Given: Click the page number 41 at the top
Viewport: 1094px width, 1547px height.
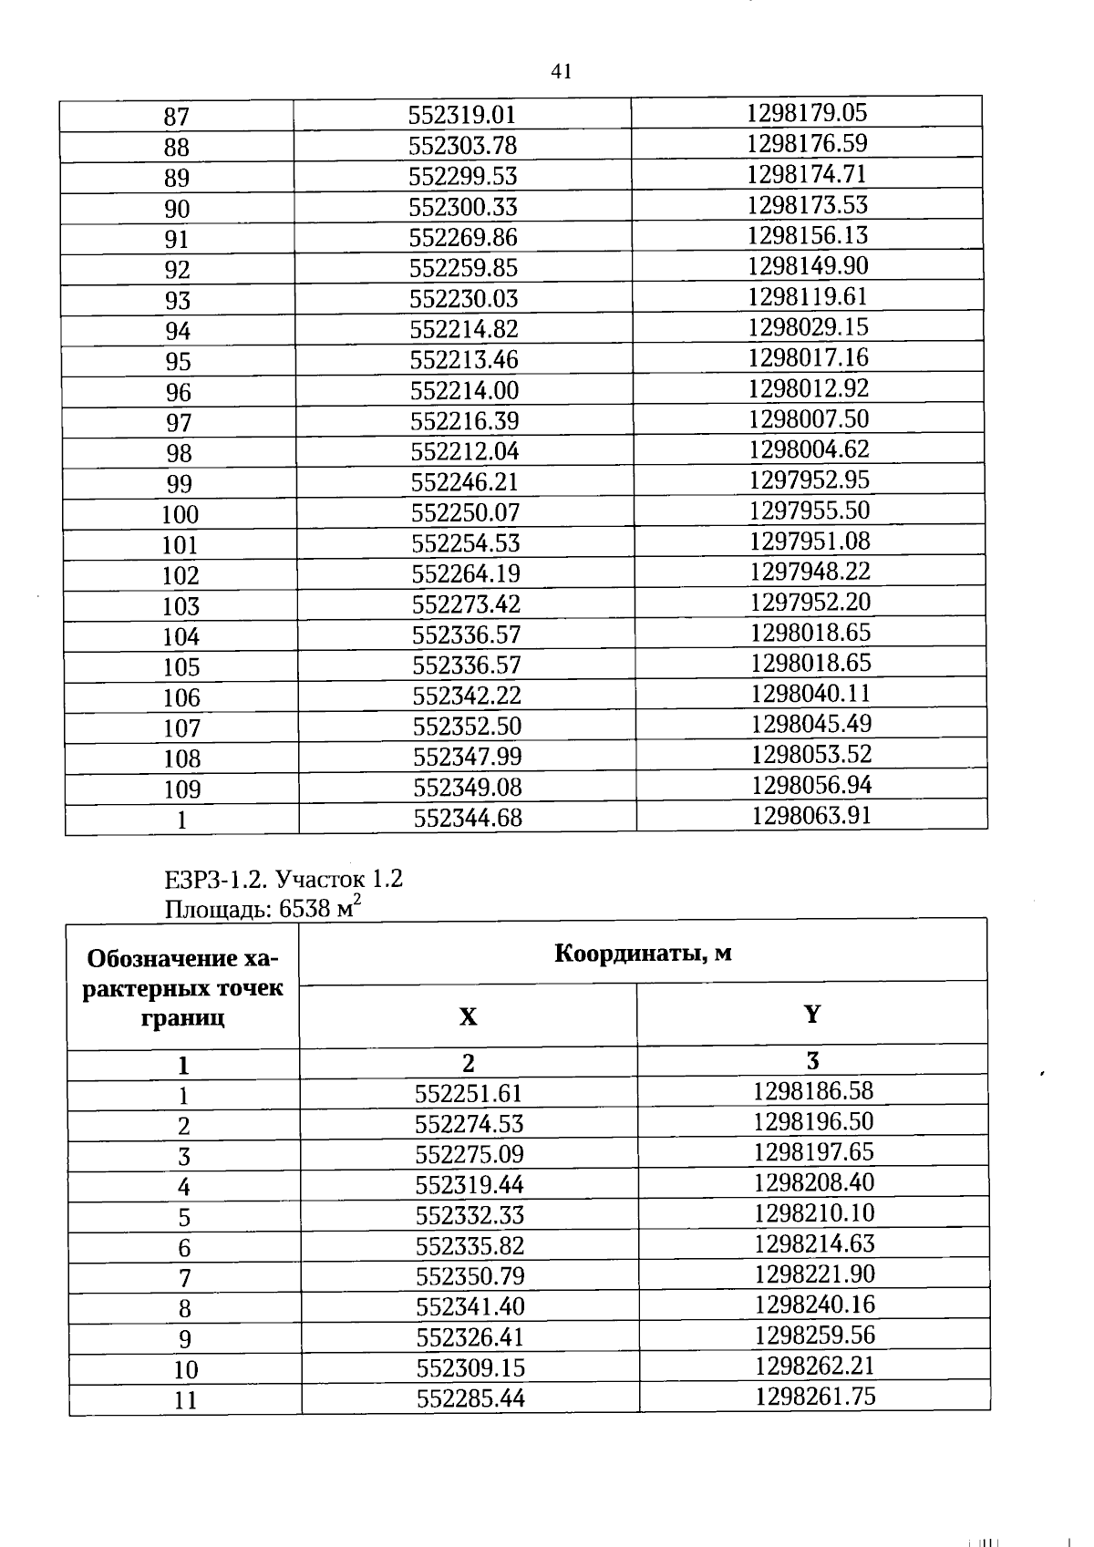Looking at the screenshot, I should click(562, 71).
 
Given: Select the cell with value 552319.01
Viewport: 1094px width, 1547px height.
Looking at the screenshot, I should click(462, 115).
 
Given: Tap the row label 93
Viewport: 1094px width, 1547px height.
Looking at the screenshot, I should click(178, 300).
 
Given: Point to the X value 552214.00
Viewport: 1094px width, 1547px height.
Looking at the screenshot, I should click(464, 390).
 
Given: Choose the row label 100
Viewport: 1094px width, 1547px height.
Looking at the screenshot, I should click(180, 514).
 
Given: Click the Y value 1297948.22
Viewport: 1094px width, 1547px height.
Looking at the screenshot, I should click(810, 572).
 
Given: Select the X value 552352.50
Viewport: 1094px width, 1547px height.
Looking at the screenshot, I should click(467, 726).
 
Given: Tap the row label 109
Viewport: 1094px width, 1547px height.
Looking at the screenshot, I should click(181, 789).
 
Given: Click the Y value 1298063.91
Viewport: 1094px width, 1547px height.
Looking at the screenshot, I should click(811, 815).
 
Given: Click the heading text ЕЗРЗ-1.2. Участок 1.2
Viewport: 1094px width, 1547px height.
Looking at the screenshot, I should click(284, 879).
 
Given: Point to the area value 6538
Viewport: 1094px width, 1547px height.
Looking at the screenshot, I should click(306, 909).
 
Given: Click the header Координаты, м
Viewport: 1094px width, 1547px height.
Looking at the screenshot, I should click(643, 954).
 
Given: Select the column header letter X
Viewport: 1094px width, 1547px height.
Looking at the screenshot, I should click(468, 1016).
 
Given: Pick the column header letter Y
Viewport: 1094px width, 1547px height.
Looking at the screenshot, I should click(812, 1014).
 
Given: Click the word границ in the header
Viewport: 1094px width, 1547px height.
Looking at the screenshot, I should click(183, 1017).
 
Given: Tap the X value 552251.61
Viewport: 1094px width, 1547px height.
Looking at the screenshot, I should click(469, 1093).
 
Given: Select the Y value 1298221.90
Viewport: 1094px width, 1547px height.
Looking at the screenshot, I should click(814, 1274).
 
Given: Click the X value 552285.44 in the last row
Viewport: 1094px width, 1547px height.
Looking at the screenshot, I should click(470, 1397).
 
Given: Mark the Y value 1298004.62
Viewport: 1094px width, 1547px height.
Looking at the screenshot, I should click(809, 449).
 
